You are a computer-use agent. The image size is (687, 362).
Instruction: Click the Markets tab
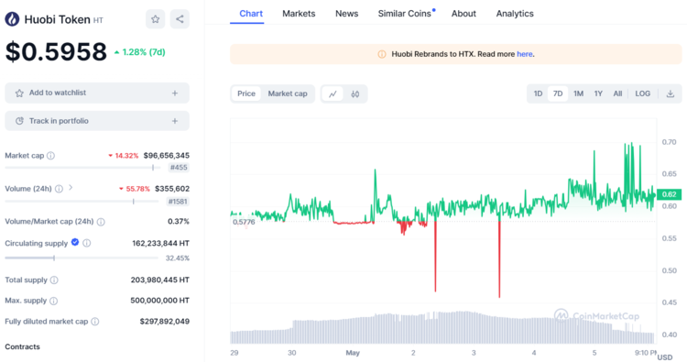(x=299, y=14)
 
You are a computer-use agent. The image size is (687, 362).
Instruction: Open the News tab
(x=346, y=14)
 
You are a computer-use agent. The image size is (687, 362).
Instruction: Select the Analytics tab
(x=515, y=14)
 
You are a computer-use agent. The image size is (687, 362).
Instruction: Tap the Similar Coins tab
(x=406, y=14)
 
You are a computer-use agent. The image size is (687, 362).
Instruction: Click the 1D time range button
(x=538, y=93)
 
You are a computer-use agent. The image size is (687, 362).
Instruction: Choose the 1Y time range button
(x=598, y=93)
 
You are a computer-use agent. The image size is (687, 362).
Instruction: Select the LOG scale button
(x=642, y=93)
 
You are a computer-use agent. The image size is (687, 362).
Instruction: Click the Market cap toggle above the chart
(x=288, y=93)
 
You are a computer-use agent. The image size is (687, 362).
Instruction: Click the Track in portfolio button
(x=96, y=121)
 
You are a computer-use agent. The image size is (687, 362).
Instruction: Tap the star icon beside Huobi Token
(x=156, y=19)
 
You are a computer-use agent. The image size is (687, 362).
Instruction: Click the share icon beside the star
(x=180, y=19)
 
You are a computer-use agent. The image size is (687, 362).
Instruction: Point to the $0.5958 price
(x=57, y=52)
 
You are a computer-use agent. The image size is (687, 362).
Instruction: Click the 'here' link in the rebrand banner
(x=524, y=54)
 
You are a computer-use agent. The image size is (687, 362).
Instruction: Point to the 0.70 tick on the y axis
(x=670, y=142)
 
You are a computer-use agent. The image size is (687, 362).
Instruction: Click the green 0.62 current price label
(x=670, y=193)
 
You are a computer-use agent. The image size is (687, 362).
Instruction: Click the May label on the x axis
(x=354, y=352)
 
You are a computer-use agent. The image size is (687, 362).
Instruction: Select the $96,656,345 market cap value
(x=166, y=156)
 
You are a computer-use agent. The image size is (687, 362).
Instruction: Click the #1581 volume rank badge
(x=178, y=202)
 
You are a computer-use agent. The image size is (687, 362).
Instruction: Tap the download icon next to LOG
(x=671, y=93)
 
